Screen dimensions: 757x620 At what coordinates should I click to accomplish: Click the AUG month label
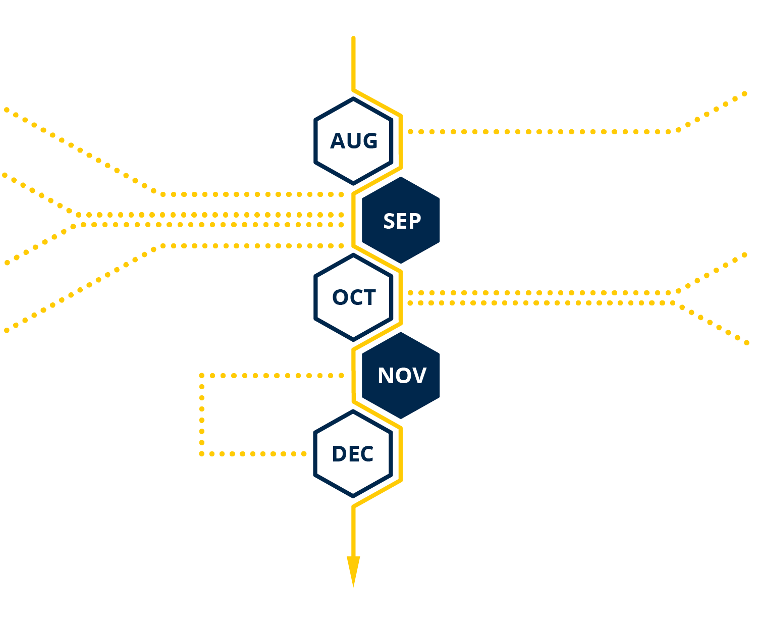click(x=354, y=140)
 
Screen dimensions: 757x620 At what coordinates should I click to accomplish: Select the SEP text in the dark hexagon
click(x=402, y=221)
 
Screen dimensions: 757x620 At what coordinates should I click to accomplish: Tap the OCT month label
click(x=354, y=297)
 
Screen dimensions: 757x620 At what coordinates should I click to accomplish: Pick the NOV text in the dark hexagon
click(x=402, y=376)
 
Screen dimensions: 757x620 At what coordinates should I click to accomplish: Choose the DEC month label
click(x=352, y=454)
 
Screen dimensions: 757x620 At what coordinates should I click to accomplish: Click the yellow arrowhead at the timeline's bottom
click(x=353, y=571)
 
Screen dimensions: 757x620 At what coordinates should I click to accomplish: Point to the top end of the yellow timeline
click(x=353, y=38)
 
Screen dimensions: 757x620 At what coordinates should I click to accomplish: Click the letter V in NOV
click(x=419, y=376)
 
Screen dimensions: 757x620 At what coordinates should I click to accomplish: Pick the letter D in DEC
click(x=339, y=454)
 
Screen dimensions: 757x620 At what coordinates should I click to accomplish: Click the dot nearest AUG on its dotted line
click(x=410, y=132)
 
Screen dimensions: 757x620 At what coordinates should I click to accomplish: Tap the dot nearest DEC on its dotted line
click(x=304, y=454)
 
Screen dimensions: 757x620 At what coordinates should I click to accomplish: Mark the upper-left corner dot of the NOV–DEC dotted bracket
click(x=202, y=375)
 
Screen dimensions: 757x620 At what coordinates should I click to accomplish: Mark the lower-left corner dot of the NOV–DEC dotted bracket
click(x=202, y=454)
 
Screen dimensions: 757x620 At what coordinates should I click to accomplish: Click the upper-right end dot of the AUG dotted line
click(x=744, y=94)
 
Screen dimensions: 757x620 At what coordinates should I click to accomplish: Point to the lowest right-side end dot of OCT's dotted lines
click(x=746, y=343)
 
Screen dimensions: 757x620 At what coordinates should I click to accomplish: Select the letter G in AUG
click(x=370, y=140)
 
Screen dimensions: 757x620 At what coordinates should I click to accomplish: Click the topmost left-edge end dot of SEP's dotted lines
click(x=7, y=110)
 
